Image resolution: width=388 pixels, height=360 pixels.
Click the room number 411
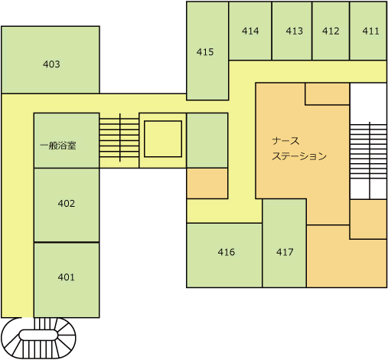coord(370,31)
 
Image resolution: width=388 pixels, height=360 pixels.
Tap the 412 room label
coord(331,31)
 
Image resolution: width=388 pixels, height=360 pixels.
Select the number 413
coord(294,31)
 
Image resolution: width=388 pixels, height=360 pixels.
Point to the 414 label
coord(250,31)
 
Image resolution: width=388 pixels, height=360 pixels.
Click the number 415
coord(205,52)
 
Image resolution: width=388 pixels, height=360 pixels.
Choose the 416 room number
coord(227,252)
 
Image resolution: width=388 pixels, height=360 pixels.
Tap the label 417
coord(285,252)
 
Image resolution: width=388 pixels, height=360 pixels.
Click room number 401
coord(66,277)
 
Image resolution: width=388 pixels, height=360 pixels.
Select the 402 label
coord(67,204)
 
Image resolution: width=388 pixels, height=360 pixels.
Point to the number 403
coord(51,64)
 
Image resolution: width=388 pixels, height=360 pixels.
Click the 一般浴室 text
coord(58,146)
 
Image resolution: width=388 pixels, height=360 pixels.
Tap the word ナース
coord(285,141)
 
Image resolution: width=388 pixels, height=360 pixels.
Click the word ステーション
coord(299,156)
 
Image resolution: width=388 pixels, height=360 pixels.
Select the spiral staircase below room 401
coord(38,338)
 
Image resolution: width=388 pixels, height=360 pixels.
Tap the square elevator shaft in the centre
coord(163,139)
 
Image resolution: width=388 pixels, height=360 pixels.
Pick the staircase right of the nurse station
coord(368,160)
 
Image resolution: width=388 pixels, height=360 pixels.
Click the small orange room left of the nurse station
coord(207,183)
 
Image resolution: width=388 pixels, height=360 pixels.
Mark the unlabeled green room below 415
coord(207,140)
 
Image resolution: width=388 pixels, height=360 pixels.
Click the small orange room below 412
coord(328,93)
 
